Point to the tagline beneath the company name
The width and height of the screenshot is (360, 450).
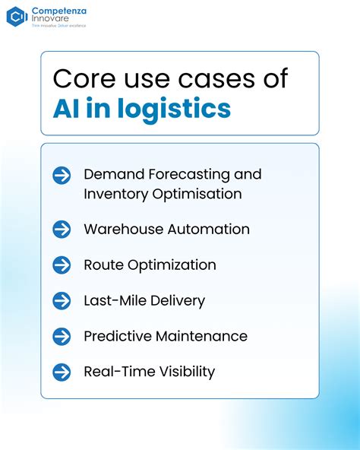(58, 26)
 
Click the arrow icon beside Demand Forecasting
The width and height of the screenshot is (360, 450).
(62, 176)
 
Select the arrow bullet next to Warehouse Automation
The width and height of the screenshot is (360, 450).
(62, 229)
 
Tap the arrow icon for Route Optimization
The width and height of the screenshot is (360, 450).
(62, 265)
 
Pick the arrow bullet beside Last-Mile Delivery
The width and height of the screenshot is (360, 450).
(62, 300)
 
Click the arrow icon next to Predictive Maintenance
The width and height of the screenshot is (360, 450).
(62, 336)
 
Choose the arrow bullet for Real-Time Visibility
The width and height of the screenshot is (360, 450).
(62, 372)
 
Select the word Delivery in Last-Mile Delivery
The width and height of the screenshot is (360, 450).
(177, 300)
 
